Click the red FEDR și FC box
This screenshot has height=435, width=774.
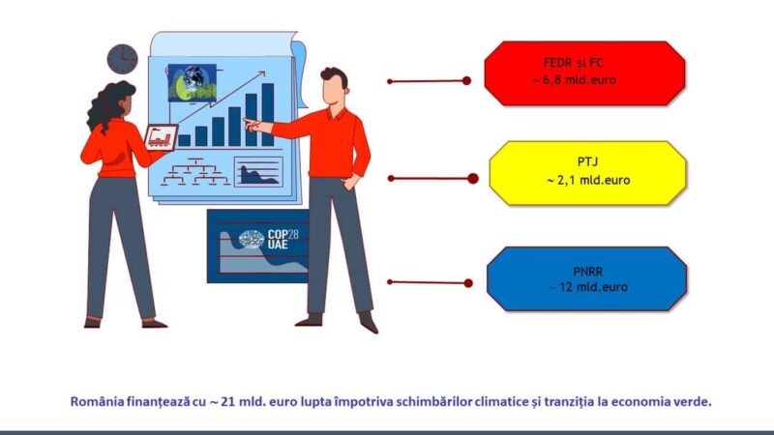(x=584, y=73)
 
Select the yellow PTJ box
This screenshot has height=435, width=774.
(x=587, y=173)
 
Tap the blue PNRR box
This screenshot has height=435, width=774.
(x=586, y=278)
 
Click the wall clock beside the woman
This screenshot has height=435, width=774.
(x=123, y=59)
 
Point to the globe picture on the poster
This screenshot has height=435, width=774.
(x=192, y=83)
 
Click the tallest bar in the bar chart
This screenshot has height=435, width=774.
(x=268, y=114)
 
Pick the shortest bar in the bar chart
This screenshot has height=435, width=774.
(x=184, y=140)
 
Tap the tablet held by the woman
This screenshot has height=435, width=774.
(x=161, y=137)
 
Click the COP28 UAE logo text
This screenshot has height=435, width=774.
(x=283, y=239)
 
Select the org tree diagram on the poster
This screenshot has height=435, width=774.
(x=195, y=172)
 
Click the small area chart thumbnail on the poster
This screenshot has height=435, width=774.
(x=258, y=172)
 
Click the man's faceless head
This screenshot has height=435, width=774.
(x=335, y=87)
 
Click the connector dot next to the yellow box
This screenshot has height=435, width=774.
(x=472, y=179)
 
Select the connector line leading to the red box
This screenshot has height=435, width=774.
(x=429, y=81)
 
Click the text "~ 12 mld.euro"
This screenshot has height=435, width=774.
(x=588, y=287)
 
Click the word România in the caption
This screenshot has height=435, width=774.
(x=98, y=401)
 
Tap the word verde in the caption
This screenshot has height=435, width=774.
(x=696, y=401)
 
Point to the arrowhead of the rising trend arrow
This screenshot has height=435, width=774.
(x=261, y=74)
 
